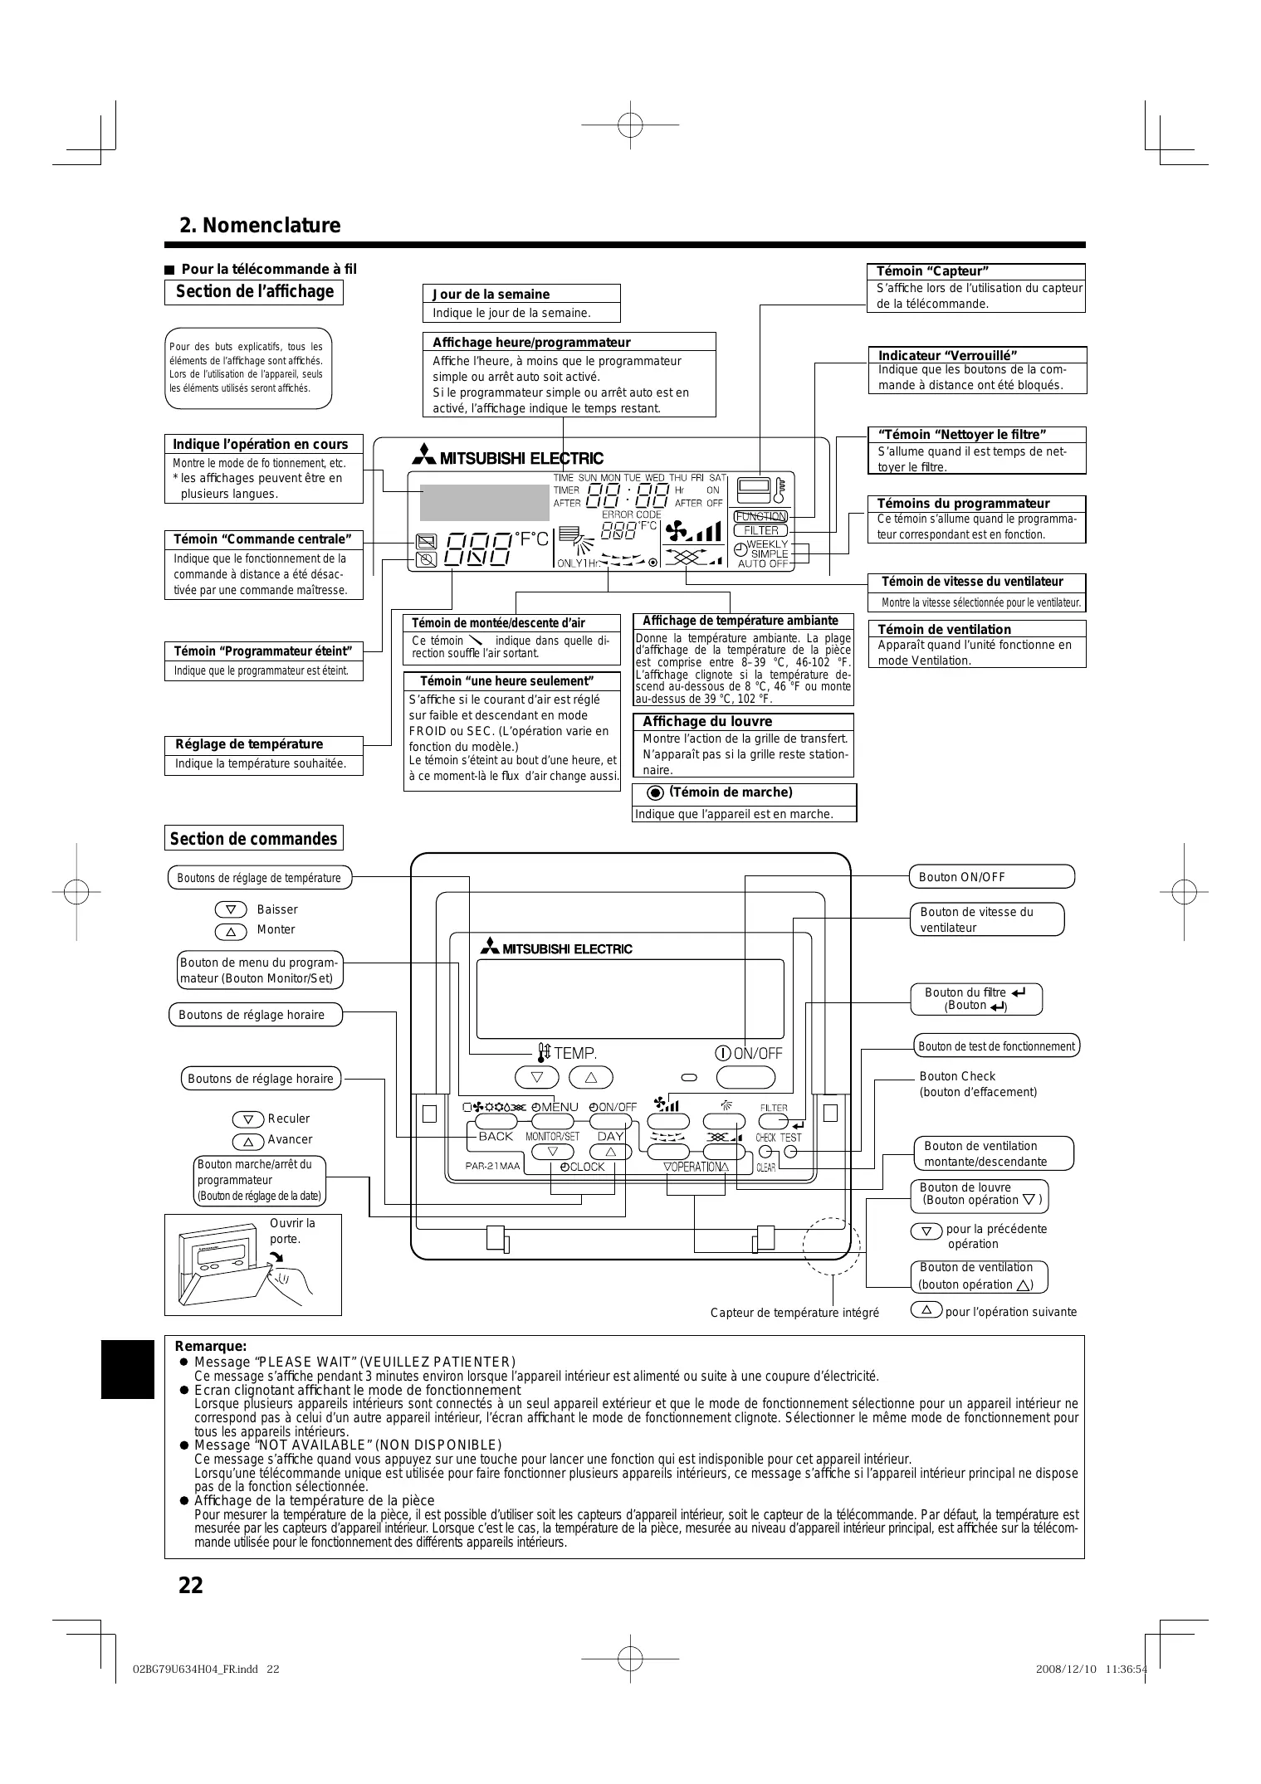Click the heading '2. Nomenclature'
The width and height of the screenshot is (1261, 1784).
click(260, 226)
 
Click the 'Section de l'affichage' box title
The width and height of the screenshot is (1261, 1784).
click(254, 292)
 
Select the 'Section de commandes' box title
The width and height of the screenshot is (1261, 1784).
click(253, 839)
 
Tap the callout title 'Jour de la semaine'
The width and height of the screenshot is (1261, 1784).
click(491, 294)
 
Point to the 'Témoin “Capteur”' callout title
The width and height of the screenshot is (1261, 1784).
click(932, 271)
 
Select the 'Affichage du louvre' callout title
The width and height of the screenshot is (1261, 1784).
click(707, 721)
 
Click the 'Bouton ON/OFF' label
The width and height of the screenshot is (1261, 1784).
click(962, 877)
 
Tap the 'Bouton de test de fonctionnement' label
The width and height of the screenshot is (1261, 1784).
click(996, 1046)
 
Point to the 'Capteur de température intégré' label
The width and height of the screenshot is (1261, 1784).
click(794, 1312)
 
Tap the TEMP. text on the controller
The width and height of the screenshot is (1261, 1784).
click(574, 1053)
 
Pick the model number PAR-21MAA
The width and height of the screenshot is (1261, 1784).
click(492, 1166)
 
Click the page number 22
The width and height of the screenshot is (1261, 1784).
click(190, 1586)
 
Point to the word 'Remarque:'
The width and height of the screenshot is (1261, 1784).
click(211, 1346)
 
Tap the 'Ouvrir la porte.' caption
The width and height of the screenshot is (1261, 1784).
click(292, 1231)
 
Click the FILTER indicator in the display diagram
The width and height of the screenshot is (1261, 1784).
click(761, 530)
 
